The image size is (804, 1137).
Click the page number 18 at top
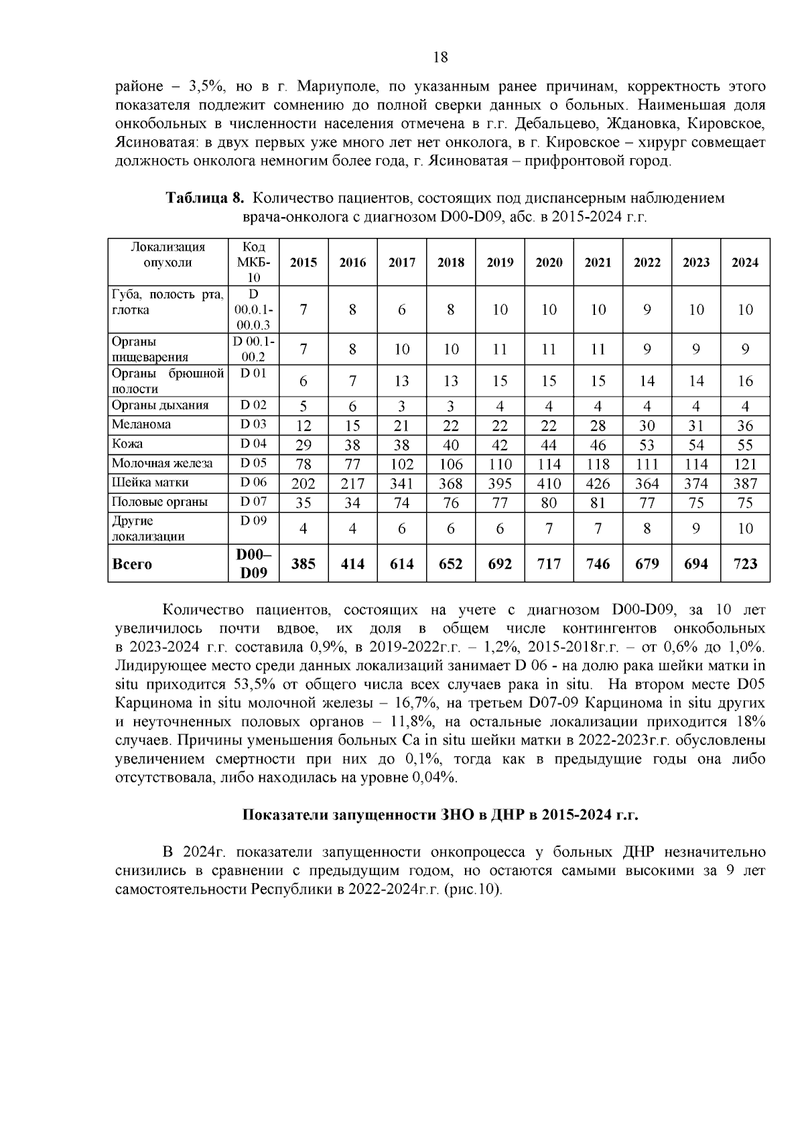coord(440,57)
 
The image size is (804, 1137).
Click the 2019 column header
coord(500,263)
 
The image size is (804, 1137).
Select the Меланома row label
coord(141,424)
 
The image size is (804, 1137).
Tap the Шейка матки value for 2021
coord(598,483)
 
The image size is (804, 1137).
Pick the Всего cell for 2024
coord(745,564)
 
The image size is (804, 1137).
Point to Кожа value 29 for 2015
coord(304,444)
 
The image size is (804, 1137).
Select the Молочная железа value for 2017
coord(402,464)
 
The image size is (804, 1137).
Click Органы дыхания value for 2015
coord(304,406)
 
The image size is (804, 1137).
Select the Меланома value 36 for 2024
coord(745,425)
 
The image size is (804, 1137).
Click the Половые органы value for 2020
coord(549,503)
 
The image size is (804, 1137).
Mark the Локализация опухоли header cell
coord(167,255)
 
